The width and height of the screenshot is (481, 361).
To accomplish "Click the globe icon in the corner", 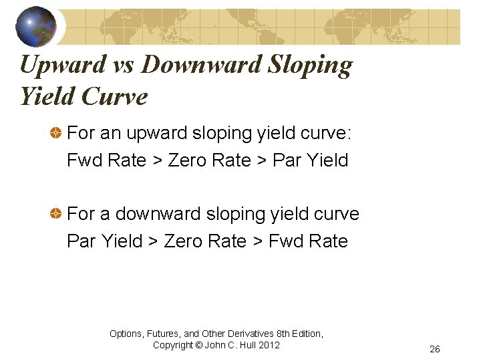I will [36, 26].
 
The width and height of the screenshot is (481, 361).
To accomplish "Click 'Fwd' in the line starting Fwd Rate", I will [83, 160].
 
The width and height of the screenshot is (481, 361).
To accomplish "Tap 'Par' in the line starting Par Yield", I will [82, 241].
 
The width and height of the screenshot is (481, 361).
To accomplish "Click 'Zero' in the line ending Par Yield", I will [189, 160].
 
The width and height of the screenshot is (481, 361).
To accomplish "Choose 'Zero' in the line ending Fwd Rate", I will [184, 241].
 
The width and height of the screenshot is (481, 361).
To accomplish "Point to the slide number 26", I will [435, 350].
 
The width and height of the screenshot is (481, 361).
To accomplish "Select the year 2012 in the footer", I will [269, 345].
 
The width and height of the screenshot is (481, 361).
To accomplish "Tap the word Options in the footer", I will [126, 334].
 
